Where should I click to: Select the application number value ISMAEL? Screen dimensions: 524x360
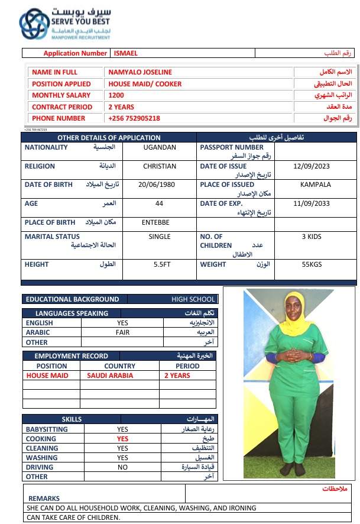[x=125, y=53]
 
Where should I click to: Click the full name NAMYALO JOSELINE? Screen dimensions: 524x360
[x=140, y=72]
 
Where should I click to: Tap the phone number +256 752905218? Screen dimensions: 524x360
[x=134, y=118]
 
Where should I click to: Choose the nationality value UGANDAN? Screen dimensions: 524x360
[x=160, y=147]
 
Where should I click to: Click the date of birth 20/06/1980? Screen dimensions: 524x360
[x=159, y=185]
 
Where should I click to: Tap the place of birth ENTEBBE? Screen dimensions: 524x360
[x=156, y=222]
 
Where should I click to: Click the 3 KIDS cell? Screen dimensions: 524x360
[x=312, y=237]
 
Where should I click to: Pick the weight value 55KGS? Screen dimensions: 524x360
[x=312, y=264]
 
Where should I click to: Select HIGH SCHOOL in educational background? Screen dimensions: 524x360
[x=193, y=299]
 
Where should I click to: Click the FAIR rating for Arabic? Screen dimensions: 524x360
[x=122, y=332]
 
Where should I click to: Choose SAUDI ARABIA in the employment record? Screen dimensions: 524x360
[x=111, y=376]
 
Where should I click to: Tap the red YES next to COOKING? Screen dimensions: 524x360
[x=122, y=439]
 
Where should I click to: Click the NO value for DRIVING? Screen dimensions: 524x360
[x=122, y=467]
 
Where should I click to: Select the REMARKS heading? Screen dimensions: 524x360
[x=44, y=499]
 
